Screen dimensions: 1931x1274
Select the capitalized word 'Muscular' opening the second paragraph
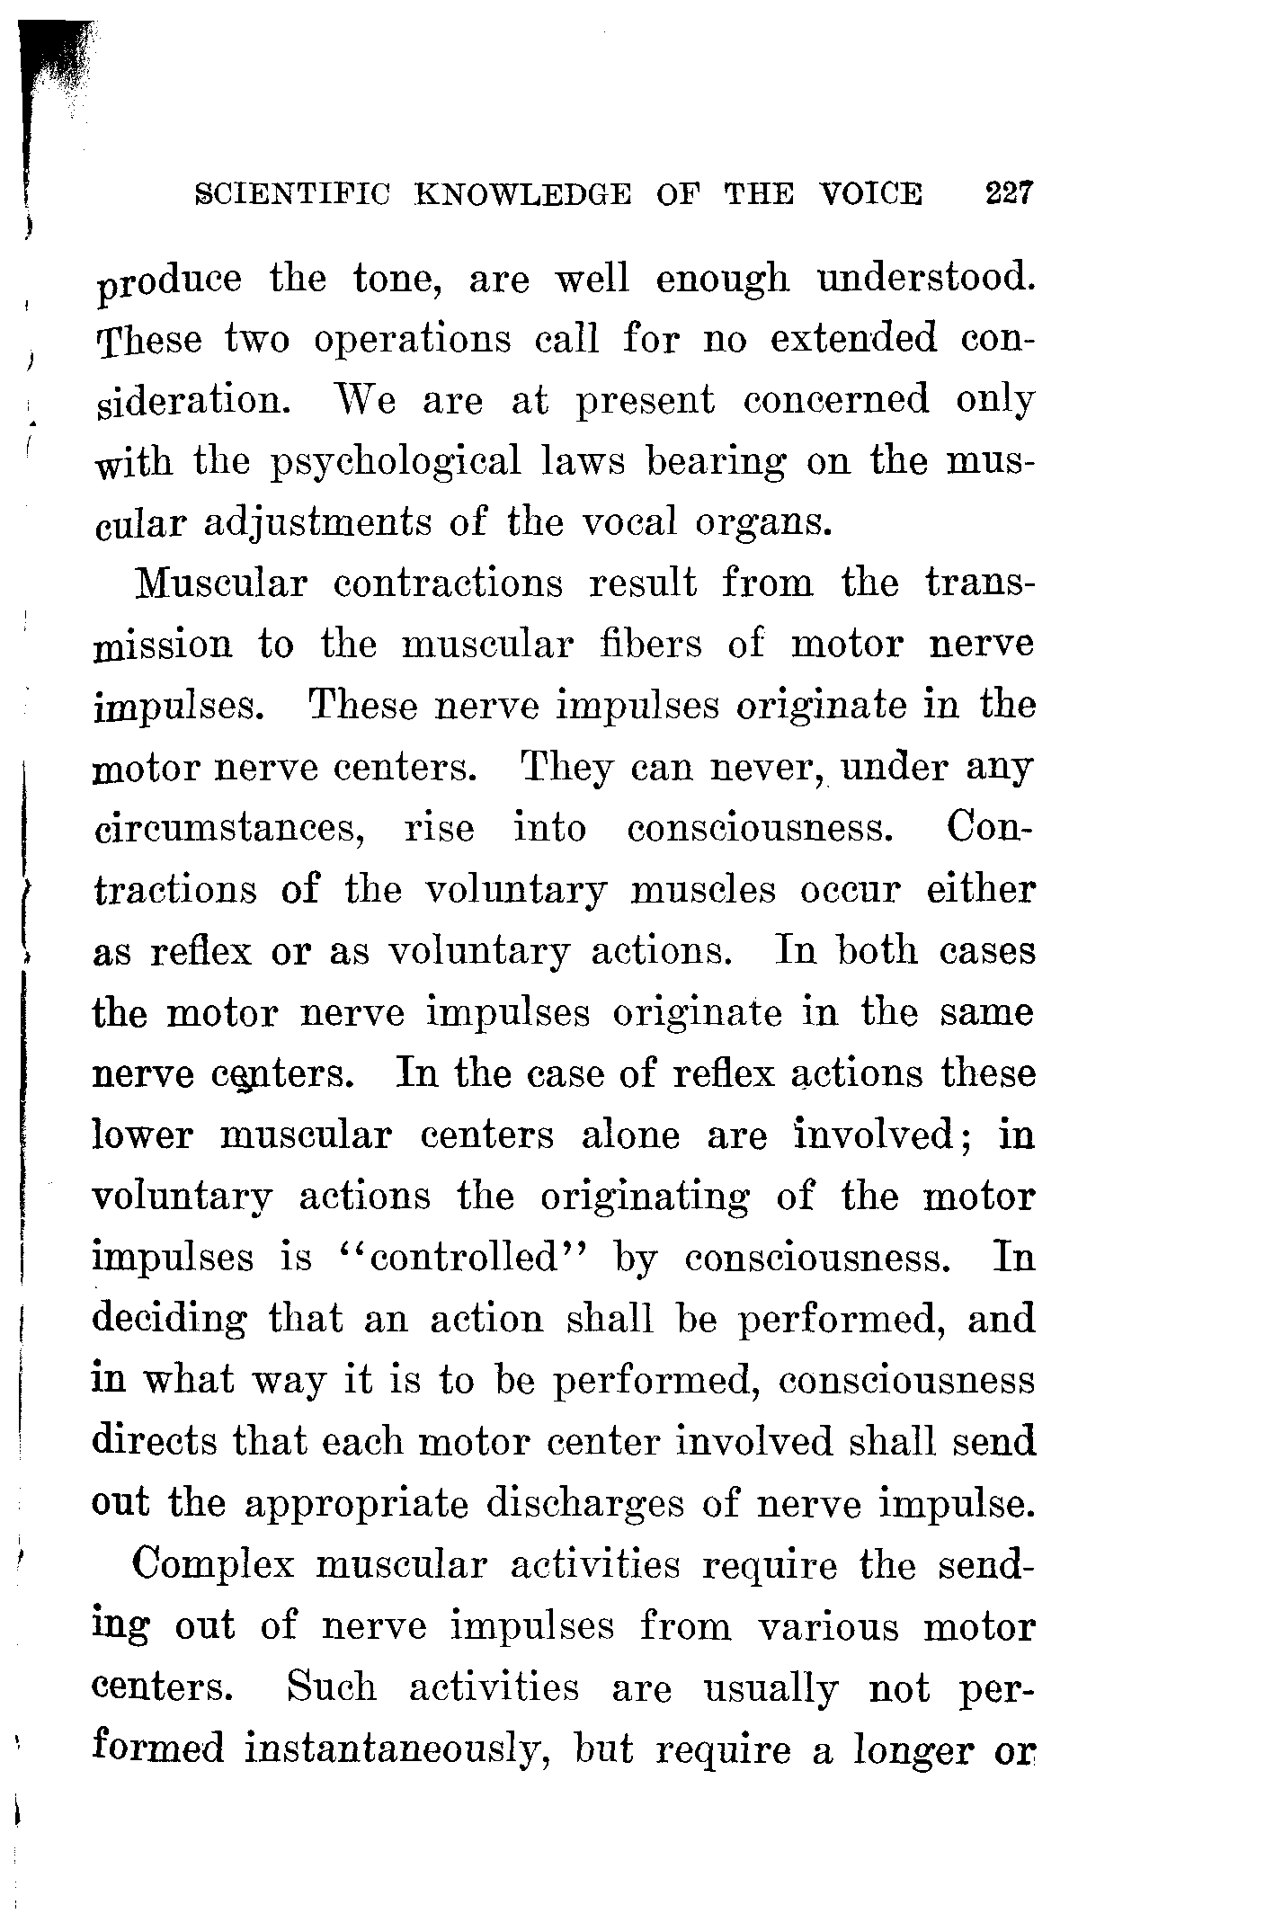click(219, 583)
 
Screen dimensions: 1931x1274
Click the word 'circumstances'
click(228, 828)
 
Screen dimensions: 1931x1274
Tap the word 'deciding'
click(169, 1320)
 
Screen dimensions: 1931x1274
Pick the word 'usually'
click(769, 1687)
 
